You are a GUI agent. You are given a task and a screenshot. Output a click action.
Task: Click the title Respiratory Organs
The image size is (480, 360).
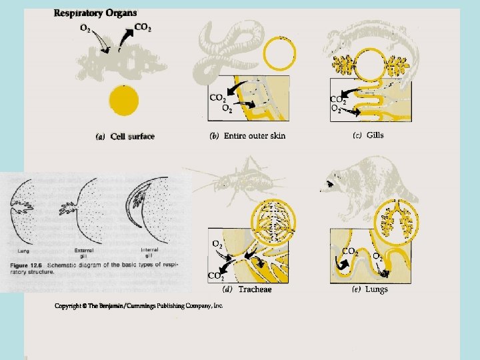[x=95, y=13]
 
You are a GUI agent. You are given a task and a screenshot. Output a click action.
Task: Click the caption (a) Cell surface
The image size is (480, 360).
[x=126, y=137]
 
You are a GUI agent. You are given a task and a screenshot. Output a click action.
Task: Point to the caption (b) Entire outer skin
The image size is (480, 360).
[x=247, y=136]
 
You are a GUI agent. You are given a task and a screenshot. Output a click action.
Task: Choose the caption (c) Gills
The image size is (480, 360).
[x=368, y=135]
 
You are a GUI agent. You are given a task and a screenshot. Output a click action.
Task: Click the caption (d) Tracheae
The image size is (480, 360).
[x=247, y=289]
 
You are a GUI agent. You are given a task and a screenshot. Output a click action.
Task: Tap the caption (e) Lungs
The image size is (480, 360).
[x=369, y=289]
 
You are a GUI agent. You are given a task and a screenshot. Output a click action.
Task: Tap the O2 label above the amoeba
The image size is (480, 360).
[x=87, y=27]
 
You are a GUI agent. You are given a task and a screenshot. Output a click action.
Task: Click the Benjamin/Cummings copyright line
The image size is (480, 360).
[x=139, y=305]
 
